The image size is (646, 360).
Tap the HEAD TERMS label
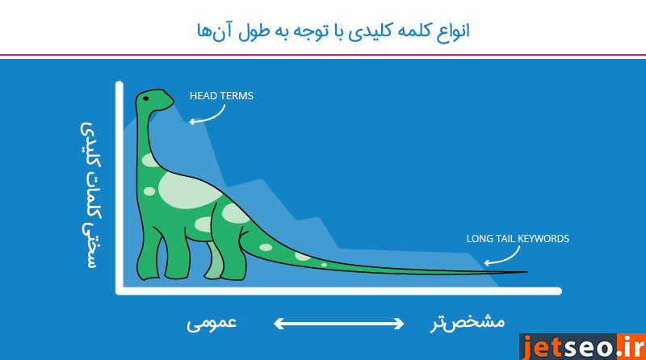221,96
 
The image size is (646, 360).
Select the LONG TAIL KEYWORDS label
518,239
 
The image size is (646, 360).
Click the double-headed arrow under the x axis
338,324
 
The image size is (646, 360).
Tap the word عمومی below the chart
212,322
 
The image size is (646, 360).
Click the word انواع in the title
448,31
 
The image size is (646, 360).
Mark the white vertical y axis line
120,186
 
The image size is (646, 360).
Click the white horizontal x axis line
339,291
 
